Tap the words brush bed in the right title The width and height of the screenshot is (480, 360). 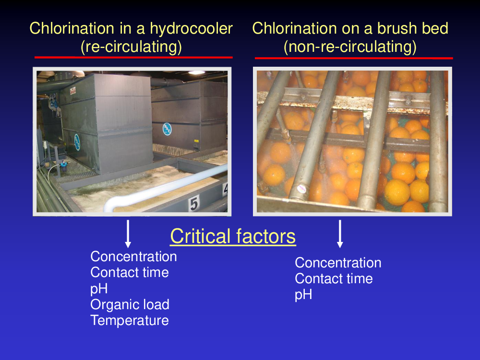pyautogui.click(x=412, y=28)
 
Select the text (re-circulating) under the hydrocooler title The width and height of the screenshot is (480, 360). pyautogui.click(x=131, y=47)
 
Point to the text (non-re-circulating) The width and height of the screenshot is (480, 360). pyautogui.click(x=350, y=47)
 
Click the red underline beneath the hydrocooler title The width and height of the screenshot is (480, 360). pyautogui.click(x=133, y=57)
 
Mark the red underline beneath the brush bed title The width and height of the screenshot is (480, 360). pyautogui.click(x=354, y=58)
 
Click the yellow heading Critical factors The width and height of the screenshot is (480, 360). pyautogui.click(x=233, y=236)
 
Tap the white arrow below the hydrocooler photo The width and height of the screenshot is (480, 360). pyautogui.click(x=128, y=234)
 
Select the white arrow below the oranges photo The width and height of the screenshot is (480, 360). pyautogui.click(x=340, y=234)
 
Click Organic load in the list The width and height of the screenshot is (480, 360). pyautogui.click(x=130, y=305)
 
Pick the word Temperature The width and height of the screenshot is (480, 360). pyautogui.click(x=130, y=321)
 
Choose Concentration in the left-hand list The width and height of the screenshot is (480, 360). pyautogui.click(x=133, y=256)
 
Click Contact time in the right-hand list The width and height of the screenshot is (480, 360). pyautogui.click(x=334, y=279)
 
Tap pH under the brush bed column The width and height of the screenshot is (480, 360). pyautogui.click(x=303, y=295)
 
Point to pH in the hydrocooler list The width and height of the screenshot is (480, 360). pyautogui.click(x=99, y=288)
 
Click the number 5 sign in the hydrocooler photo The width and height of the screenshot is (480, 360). pyautogui.click(x=194, y=203)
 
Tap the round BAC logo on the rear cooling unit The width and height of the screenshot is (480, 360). pyautogui.click(x=167, y=129)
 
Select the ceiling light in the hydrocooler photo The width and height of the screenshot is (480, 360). pyautogui.click(x=196, y=73)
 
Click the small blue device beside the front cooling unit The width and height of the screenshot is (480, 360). pyautogui.click(x=63, y=166)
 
